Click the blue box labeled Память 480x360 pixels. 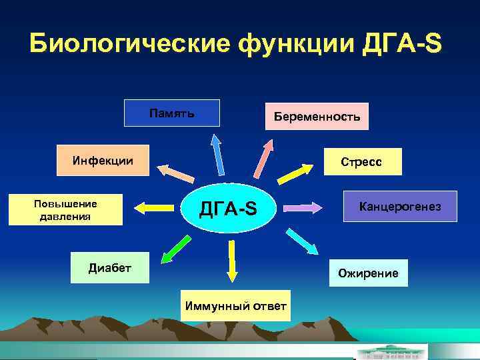click(171, 113)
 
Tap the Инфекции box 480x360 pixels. click(103, 160)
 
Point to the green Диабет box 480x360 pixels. click(110, 268)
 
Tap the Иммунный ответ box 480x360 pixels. click(235, 306)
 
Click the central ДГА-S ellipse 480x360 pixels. click(229, 209)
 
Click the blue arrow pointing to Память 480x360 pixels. click(218, 153)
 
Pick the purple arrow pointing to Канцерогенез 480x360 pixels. click(303, 208)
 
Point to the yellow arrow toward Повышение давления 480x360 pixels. click(153, 208)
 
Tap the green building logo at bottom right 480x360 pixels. click(390, 351)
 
